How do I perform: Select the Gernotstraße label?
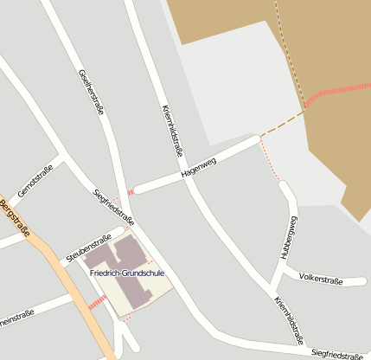pyautogui.click(x=35, y=180)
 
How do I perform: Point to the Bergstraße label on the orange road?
pyautogui.click(x=15, y=219)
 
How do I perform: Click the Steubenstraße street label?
pyautogui.click(x=89, y=247)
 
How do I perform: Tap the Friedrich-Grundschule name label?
pyautogui.click(x=126, y=273)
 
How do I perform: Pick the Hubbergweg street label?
pyautogui.click(x=289, y=235)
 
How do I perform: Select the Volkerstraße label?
pyautogui.click(x=321, y=279)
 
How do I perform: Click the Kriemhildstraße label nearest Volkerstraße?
pyautogui.click(x=289, y=318)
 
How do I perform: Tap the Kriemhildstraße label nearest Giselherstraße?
pyautogui.click(x=173, y=129)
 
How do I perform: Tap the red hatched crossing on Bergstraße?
pyautogui.click(x=97, y=302)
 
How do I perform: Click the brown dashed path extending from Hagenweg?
pyautogui.click(x=283, y=123)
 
